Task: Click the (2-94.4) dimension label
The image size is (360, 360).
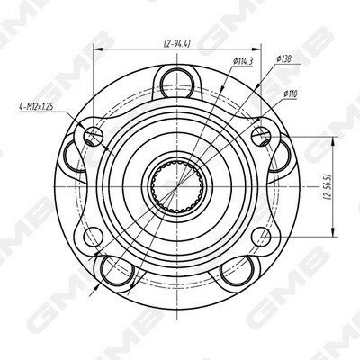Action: tap(177, 44)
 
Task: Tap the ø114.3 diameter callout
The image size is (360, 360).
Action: tap(243, 61)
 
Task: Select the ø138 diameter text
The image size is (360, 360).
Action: tap(283, 58)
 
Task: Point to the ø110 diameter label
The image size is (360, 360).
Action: tap(290, 94)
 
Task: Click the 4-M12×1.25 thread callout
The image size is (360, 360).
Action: tap(36, 107)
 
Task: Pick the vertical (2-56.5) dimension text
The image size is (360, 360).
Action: tap(328, 186)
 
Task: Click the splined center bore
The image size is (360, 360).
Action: tap(177, 186)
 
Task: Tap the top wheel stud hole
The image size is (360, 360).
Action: tap(177, 83)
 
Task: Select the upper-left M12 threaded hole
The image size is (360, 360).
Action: tap(94, 136)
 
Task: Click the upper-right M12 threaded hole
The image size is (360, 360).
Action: tap(261, 136)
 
